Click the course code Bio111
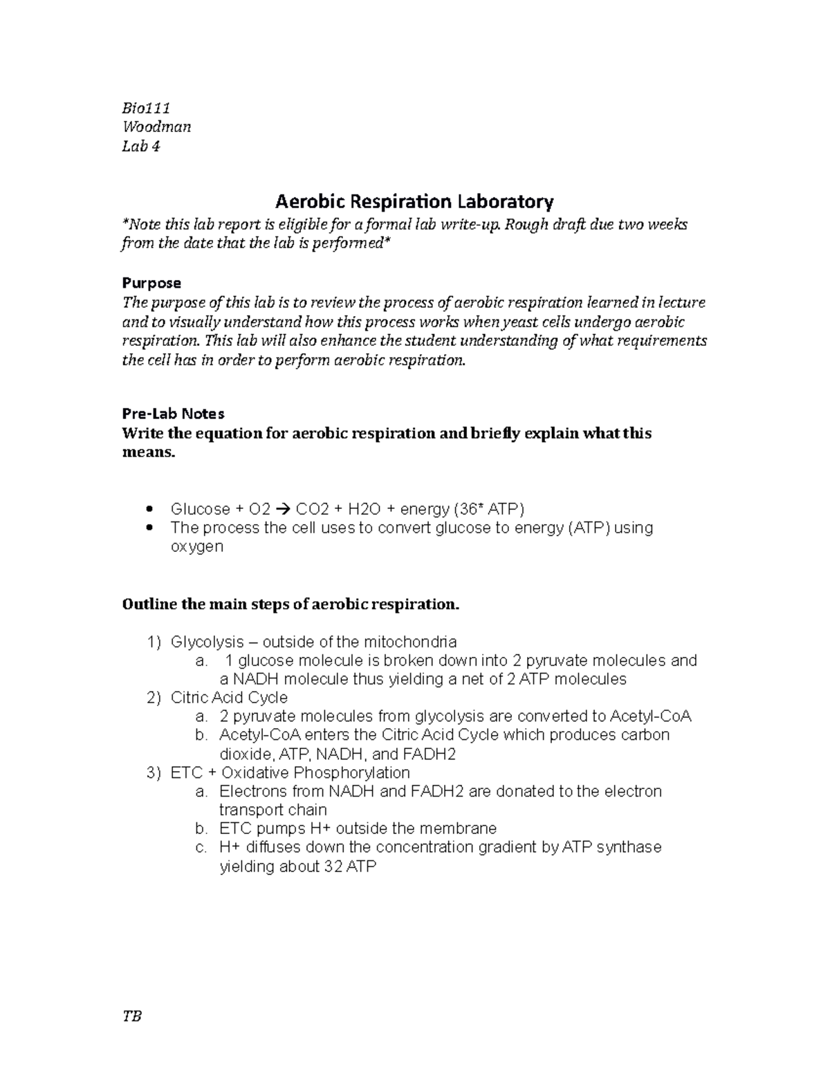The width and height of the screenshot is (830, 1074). pos(146,108)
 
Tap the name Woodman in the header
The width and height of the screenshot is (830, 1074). pos(156,127)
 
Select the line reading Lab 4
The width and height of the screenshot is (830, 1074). pos(140,146)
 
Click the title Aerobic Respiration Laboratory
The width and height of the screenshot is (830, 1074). pos(414,202)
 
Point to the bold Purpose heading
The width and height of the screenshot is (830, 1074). pos(151,283)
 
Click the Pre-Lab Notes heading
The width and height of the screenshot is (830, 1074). pos(173,414)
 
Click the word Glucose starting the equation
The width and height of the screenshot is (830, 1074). pos(200,510)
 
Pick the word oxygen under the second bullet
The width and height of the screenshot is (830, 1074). pos(196,546)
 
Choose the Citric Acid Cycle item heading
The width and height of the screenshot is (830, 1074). pos(229,697)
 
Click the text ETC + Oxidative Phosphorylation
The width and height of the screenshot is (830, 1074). pos(290,772)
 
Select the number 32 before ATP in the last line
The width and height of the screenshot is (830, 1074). pos(333,867)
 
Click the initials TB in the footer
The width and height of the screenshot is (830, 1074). pos(131,1017)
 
